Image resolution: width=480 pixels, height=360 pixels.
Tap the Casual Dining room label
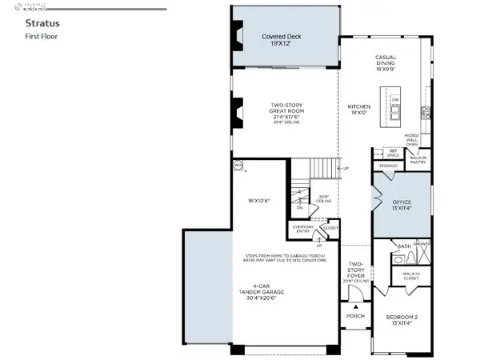[x=386, y=62]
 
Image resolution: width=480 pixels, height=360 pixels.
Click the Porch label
[x=356, y=316]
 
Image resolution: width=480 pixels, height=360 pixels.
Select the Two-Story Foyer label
[x=356, y=270]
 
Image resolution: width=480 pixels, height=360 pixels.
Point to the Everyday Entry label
[x=302, y=230]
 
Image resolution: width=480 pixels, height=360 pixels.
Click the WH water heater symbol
[x=238, y=166]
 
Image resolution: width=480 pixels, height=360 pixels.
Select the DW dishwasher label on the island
[x=396, y=100]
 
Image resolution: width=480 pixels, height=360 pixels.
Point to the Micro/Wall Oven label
[x=414, y=138]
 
